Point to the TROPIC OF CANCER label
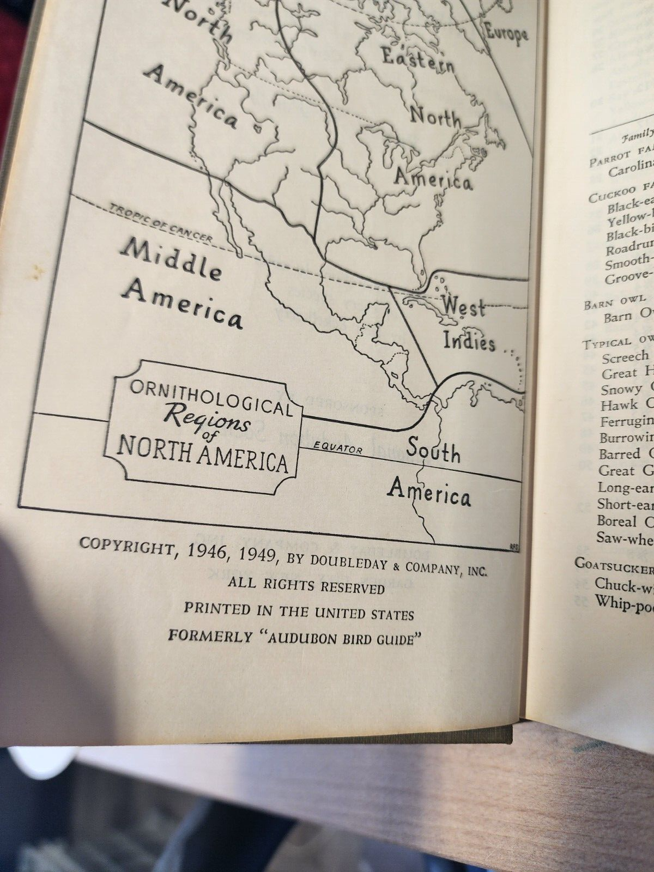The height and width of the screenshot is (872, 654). [160, 224]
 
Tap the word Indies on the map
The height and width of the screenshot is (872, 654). [469, 342]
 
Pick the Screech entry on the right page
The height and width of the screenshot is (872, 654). [625, 357]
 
